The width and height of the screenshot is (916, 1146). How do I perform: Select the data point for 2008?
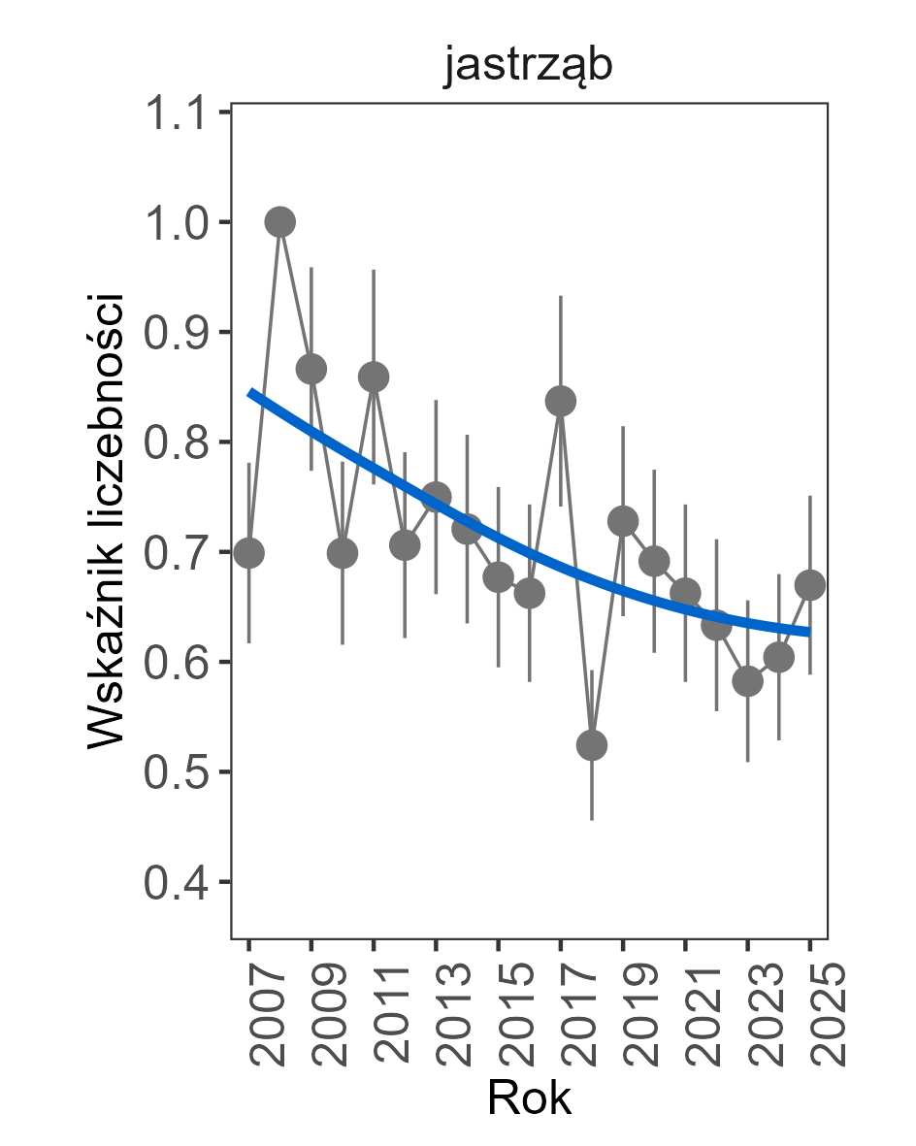pyautogui.click(x=280, y=222)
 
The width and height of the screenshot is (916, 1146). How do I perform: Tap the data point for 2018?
pyautogui.click(x=592, y=745)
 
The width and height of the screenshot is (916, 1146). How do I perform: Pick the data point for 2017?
pyautogui.click(x=561, y=401)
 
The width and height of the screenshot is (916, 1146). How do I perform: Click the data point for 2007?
pyautogui.click(x=249, y=553)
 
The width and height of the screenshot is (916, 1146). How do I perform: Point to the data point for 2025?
pyautogui.click(x=810, y=585)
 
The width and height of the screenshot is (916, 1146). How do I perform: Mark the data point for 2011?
pyautogui.click(x=374, y=377)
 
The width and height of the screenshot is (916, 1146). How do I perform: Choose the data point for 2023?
pyautogui.click(x=748, y=681)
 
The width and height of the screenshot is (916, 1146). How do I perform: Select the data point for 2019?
pyautogui.click(x=623, y=521)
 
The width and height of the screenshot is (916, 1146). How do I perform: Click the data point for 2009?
pyautogui.click(x=311, y=369)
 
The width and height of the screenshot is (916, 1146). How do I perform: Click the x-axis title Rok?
pyautogui.click(x=529, y=1099)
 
